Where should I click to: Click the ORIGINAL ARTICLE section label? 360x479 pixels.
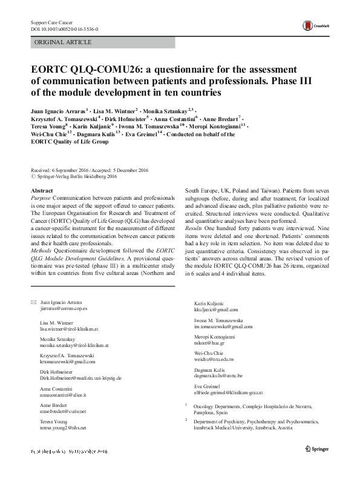(x=63, y=42)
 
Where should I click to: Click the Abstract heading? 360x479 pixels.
(x=41, y=190)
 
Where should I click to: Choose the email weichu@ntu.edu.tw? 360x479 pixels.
(x=218, y=360)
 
